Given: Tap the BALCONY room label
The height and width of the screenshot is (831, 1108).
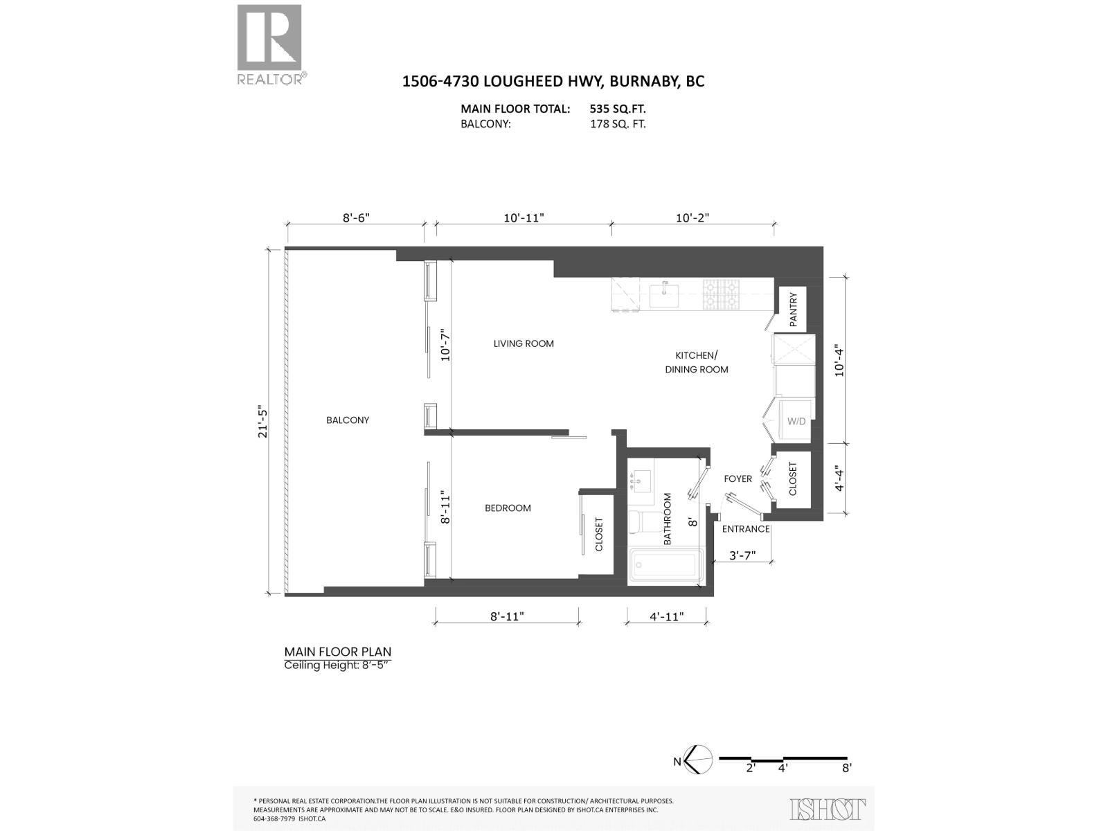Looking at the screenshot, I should [x=348, y=420].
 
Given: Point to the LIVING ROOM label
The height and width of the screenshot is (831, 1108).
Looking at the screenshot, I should [x=524, y=343].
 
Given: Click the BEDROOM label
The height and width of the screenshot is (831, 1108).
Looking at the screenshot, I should [x=508, y=508].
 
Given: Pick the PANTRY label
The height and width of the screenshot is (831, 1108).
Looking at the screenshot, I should [x=794, y=309].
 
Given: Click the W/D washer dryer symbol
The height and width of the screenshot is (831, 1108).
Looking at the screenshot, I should [x=796, y=420].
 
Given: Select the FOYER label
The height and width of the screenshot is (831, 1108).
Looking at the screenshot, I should [x=738, y=479].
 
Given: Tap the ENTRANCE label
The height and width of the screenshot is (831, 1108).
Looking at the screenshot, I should [x=746, y=529].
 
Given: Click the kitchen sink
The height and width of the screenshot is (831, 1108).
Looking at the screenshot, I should [x=665, y=295].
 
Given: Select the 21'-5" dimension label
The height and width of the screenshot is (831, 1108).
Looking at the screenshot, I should [x=262, y=421].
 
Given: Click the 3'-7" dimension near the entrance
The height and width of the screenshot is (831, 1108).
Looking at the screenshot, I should [x=742, y=555].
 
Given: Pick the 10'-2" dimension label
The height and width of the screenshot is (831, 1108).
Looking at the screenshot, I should [x=692, y=217].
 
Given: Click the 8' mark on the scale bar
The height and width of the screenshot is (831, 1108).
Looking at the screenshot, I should [x=846, y=767].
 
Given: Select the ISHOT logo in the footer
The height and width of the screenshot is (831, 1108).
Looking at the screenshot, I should [x=828, y=809].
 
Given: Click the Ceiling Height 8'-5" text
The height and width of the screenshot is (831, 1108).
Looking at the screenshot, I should [x=338, y=665].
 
